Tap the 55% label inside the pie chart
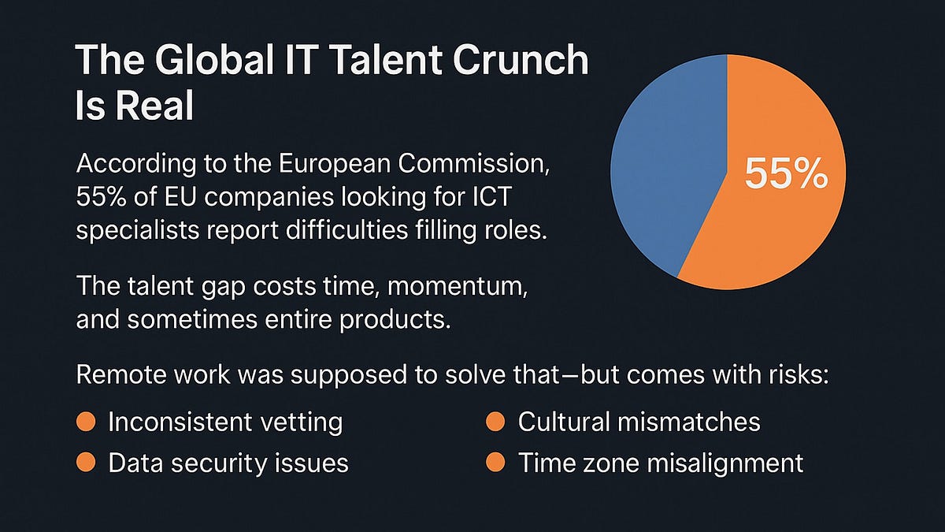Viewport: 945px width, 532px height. pos(786,173)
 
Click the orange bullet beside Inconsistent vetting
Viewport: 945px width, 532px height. pos(86,422)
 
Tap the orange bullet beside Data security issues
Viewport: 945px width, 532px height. pos(86,463)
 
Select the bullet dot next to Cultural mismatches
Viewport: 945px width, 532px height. pos(495,422)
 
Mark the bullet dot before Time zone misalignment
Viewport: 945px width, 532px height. pos(495,463)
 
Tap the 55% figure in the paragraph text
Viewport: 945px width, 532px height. pos(101,196)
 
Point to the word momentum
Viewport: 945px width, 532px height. pos(458,287)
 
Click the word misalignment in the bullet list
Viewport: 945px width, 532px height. pos(725,463)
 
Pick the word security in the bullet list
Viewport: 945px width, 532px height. pos(220,463)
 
